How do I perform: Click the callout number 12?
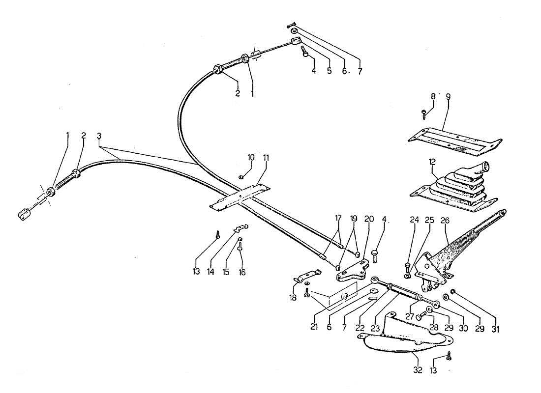(x=432, y=161)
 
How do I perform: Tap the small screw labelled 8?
(x=423, y=114)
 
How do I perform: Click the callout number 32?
(x=418, y=370)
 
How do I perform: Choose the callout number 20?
(x=368, y=219)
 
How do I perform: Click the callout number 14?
(x=210, y=272)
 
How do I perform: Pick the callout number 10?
(x=251, y=158)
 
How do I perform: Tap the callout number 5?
(x=330, y=71)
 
